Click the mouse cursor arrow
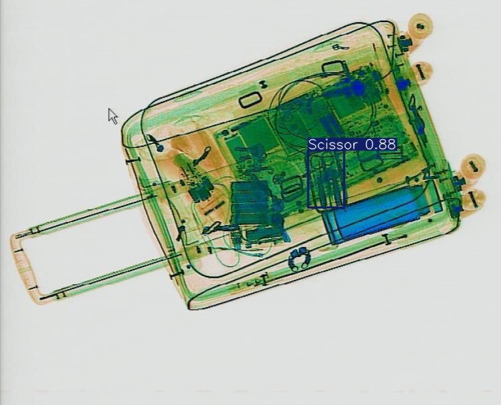click(113, 116)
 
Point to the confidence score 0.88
click(380, 145)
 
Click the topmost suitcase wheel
click(420, 25)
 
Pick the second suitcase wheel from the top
click(422, 73)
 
